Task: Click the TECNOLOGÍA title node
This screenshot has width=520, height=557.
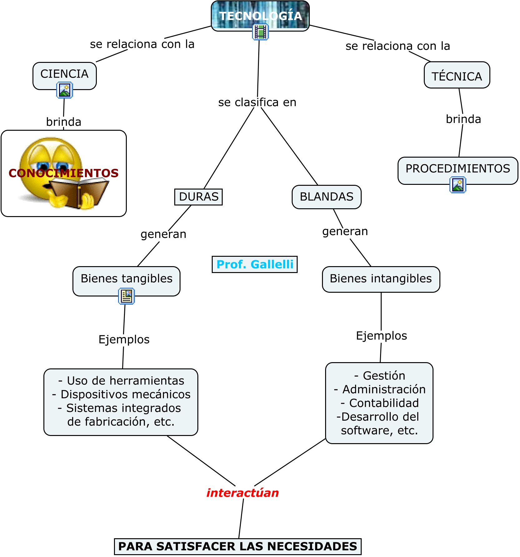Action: pyautogui.click(x=260, y=16)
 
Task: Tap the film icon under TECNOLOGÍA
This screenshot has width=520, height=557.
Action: pyautogui.click(x=260, y=32)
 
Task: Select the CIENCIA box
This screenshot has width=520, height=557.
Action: pyautogui.click(x=64, y=74)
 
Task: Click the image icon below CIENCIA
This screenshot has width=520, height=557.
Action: pyautogui.click(x=65, y=90)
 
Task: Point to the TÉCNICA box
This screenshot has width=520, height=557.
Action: pyautogui.click(x=457, y=76)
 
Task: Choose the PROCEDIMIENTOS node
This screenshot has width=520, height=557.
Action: pyautogui.click(x=458, y=169)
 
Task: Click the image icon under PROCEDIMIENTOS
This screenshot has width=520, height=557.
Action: pyautogui.click(x=458, y=185)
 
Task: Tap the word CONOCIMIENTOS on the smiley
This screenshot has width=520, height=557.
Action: pyautogui.click(x=64, y=173)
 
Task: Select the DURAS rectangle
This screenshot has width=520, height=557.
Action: pyautogui.click(x=199, y=197)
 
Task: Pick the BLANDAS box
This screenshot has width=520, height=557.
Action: pyautogui.click(x=326, y=197)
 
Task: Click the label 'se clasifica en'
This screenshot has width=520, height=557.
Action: pyautogui.click(x=257, y=102)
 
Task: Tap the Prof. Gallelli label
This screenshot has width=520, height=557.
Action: pyautogui.click(x=255, y=264)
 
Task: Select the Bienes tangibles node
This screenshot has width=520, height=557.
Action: pyautogui.click(x=126, y=279)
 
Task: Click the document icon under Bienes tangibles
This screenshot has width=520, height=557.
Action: pyautogui.click(x=126, y=296)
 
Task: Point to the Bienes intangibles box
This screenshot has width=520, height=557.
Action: pyautogui.click(x=381, y=279)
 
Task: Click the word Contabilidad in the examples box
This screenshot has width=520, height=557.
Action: pyautogui.click(x=384, y=403)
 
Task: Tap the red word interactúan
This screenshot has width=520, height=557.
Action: pyautogui.click(x=242, y=493)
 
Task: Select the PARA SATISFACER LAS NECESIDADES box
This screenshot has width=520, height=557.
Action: pyautogui.click(x=238, y=546)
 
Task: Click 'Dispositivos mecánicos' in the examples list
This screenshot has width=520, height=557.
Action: pyautogui.click(x=125, y=394)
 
